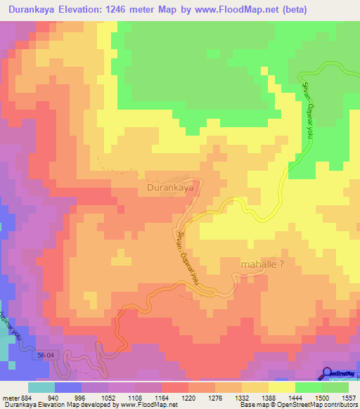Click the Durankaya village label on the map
(169, 188)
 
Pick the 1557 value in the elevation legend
(349, 398)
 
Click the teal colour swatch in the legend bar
(41, 387)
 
